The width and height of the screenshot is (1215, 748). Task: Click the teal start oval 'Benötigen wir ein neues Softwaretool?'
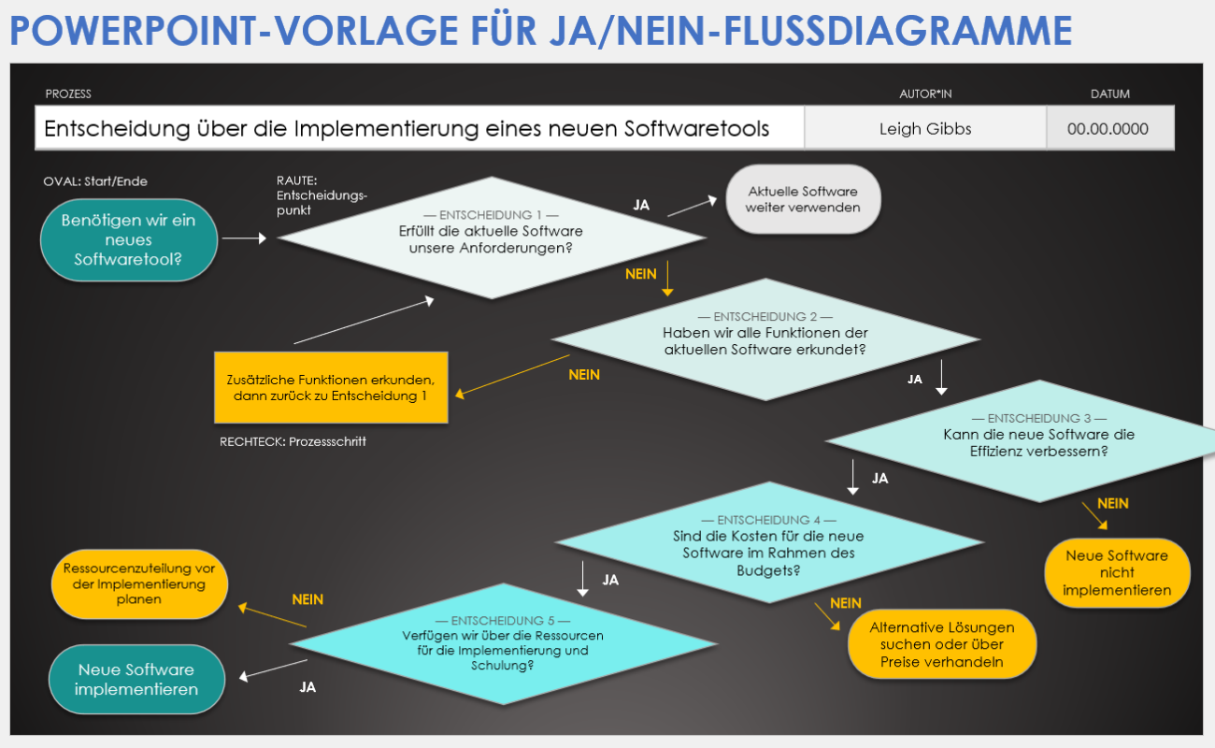tap(129, 240)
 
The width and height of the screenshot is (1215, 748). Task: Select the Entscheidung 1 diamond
tap(492, 237)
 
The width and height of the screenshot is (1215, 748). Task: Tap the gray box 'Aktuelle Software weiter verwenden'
tap(804, 199)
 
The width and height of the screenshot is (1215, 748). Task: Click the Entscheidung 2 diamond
tap(765, 339)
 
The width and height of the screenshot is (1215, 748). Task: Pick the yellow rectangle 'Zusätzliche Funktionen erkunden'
tap(331, 388)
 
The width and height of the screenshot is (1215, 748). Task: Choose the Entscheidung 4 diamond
tap(769, 542)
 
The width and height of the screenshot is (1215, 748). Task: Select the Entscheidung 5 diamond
tap(504, 644)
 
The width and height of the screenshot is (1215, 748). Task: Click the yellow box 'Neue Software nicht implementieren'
tap(1118, 572)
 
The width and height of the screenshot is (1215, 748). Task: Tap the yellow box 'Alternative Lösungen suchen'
tap(942, 644)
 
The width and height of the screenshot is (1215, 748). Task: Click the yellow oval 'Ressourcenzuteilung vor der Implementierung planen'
tap(139, 584)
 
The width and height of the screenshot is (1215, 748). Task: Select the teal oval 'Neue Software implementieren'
tap(136, 679)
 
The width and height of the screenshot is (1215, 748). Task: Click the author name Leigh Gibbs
tap(925, 129)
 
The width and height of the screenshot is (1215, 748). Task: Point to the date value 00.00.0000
tap(1108, 129)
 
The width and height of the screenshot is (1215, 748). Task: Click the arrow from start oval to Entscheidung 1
tap(244, 237)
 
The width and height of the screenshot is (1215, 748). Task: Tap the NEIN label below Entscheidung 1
tap(641, 274)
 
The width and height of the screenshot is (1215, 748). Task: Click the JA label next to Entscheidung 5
tap(307, 687)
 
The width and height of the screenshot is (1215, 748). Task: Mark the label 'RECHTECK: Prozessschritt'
tap(293, 441)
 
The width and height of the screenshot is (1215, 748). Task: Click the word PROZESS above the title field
tap(68, 93)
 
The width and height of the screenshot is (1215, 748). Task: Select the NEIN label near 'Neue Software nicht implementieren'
tap(1113, 504)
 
